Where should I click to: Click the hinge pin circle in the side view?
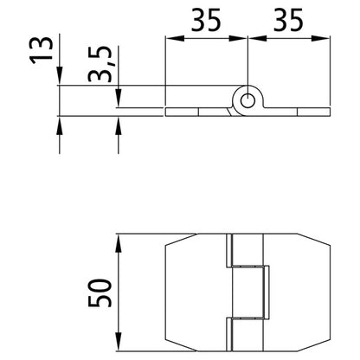247,100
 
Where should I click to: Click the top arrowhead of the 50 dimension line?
119,239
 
